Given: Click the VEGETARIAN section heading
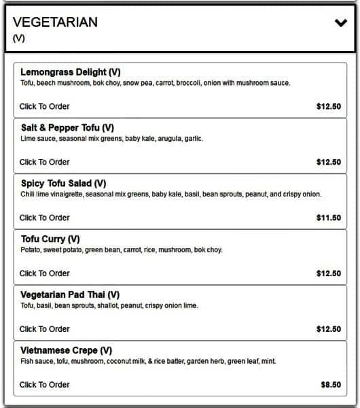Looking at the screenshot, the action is (x=55, y=22).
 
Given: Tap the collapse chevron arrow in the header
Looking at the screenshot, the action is (x=340, y=22).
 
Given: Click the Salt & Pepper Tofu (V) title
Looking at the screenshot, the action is (x=67, y=128).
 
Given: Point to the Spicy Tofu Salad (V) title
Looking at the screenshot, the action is (x=63, y=184).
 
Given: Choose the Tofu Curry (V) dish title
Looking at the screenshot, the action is (x=50, y=239).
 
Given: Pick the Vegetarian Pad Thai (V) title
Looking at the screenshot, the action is (x=70, y=295).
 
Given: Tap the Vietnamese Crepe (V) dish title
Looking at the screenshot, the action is (x=67, y=351).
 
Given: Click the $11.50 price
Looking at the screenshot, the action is (x=329, y=218).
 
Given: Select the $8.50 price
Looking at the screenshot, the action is (x=331, y=385).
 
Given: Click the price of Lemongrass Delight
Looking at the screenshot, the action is (x=329, y=107).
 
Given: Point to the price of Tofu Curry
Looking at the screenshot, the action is (x=329, y=274).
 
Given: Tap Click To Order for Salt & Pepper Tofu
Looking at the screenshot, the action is (x=44, y=163).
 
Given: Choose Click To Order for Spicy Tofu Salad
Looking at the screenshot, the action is (x=44, y=218).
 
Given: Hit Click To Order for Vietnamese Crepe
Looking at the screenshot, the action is (x=44, y=385).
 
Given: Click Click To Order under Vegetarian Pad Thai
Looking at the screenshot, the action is (x=44, y=329).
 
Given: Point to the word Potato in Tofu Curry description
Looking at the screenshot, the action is (x=30, y=250).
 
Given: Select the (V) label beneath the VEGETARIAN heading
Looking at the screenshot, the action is (x=19, y=39).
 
